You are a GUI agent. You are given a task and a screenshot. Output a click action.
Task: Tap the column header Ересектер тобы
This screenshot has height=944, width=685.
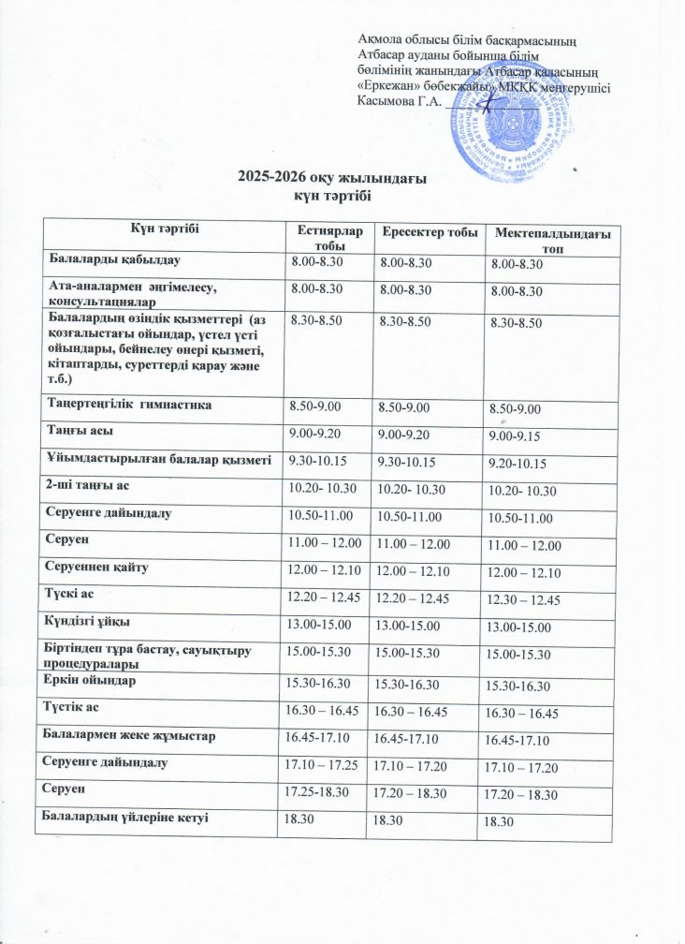coord(426,232)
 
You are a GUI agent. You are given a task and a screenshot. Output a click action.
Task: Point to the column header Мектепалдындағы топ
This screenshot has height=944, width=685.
coord(552,238)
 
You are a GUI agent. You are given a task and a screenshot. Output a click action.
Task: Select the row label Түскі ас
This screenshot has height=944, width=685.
coord(73,595)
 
